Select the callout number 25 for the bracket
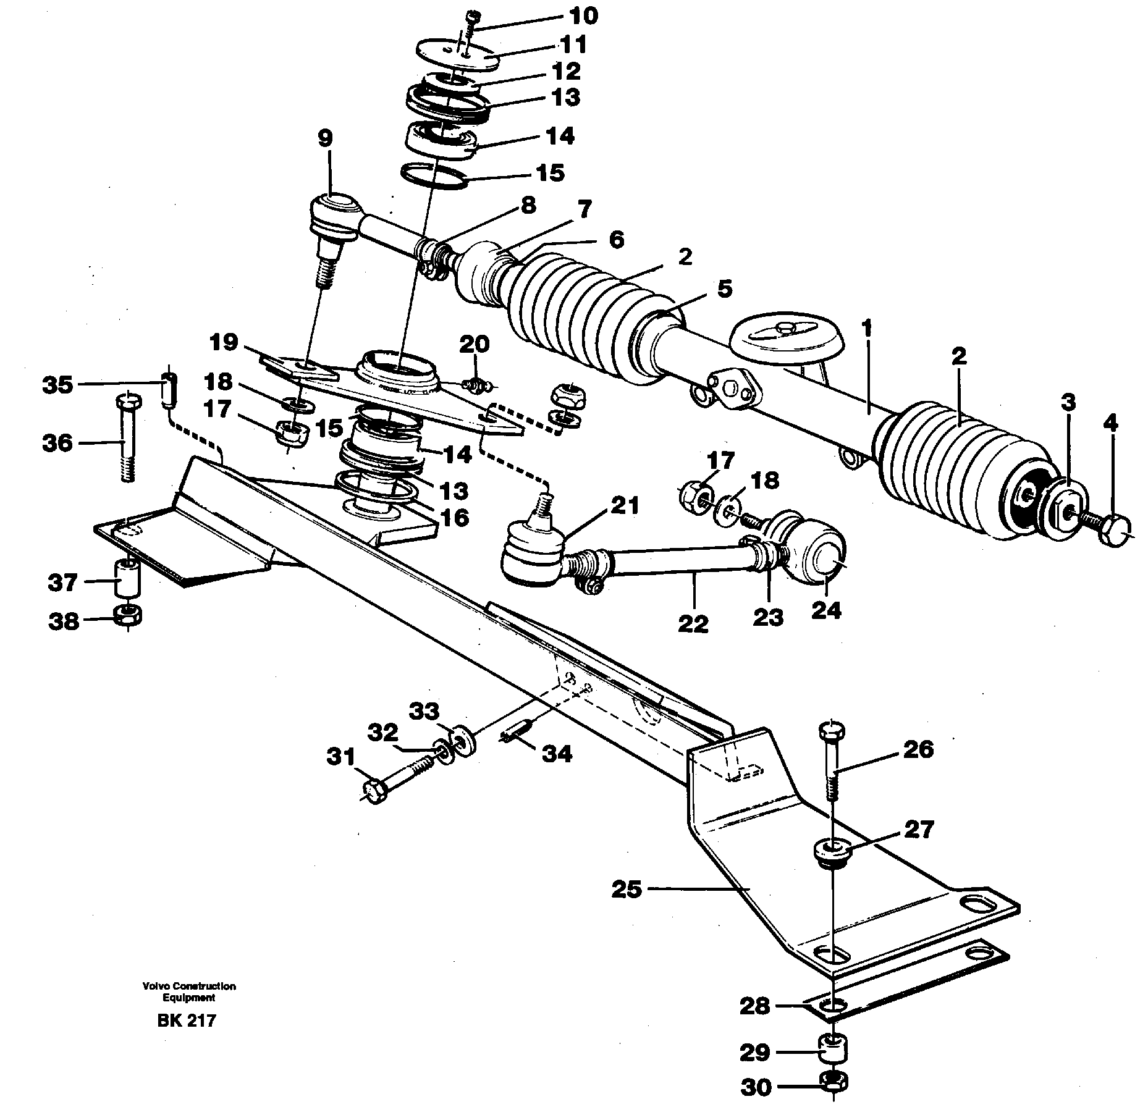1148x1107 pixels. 627,890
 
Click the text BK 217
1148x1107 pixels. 186,1038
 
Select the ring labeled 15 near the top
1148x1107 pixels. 434,175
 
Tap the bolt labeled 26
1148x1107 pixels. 832,760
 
